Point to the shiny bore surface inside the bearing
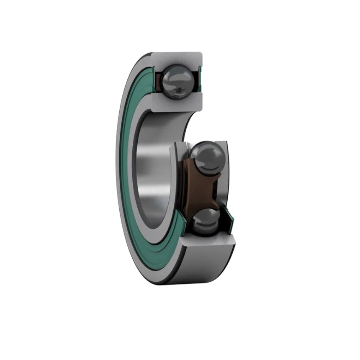coord(155,167)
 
